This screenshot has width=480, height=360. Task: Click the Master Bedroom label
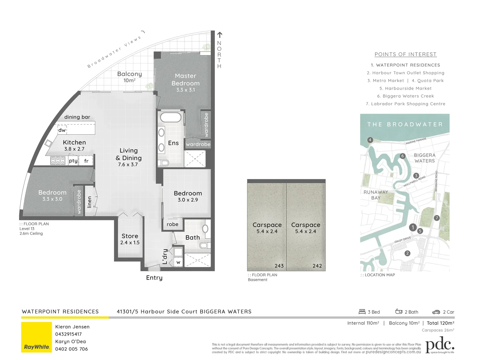[x=186, y=80]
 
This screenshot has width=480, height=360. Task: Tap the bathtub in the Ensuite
[x=171, y=117]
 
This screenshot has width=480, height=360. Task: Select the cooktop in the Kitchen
[x=58, y=161]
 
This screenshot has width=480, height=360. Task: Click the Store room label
[x=130, y=236]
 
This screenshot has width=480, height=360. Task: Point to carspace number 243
[x=279, y=266]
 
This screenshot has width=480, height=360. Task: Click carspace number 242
[x=317, y=266]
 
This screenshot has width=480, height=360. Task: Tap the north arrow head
[x=220, y=34]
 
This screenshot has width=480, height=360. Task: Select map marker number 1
[x=413, y=227]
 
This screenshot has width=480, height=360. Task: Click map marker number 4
[x=370, y=140]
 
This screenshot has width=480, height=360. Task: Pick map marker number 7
[x=437, y=218]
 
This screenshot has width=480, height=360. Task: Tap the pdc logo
[x=440, y=345]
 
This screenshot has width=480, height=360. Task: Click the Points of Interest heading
[x=405, y=54]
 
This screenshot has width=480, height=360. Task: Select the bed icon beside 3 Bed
[x=362, y=312]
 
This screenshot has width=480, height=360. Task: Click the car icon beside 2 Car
[x=436, y=312]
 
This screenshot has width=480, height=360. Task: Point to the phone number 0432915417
[x=68, y=334]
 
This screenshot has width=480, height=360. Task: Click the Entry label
[x=154, y=278]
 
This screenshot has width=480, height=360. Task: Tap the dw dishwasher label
[x=62, y=130]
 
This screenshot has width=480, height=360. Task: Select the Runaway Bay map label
[x=376, y=195]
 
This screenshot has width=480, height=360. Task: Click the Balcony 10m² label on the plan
[x=129, y=77]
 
